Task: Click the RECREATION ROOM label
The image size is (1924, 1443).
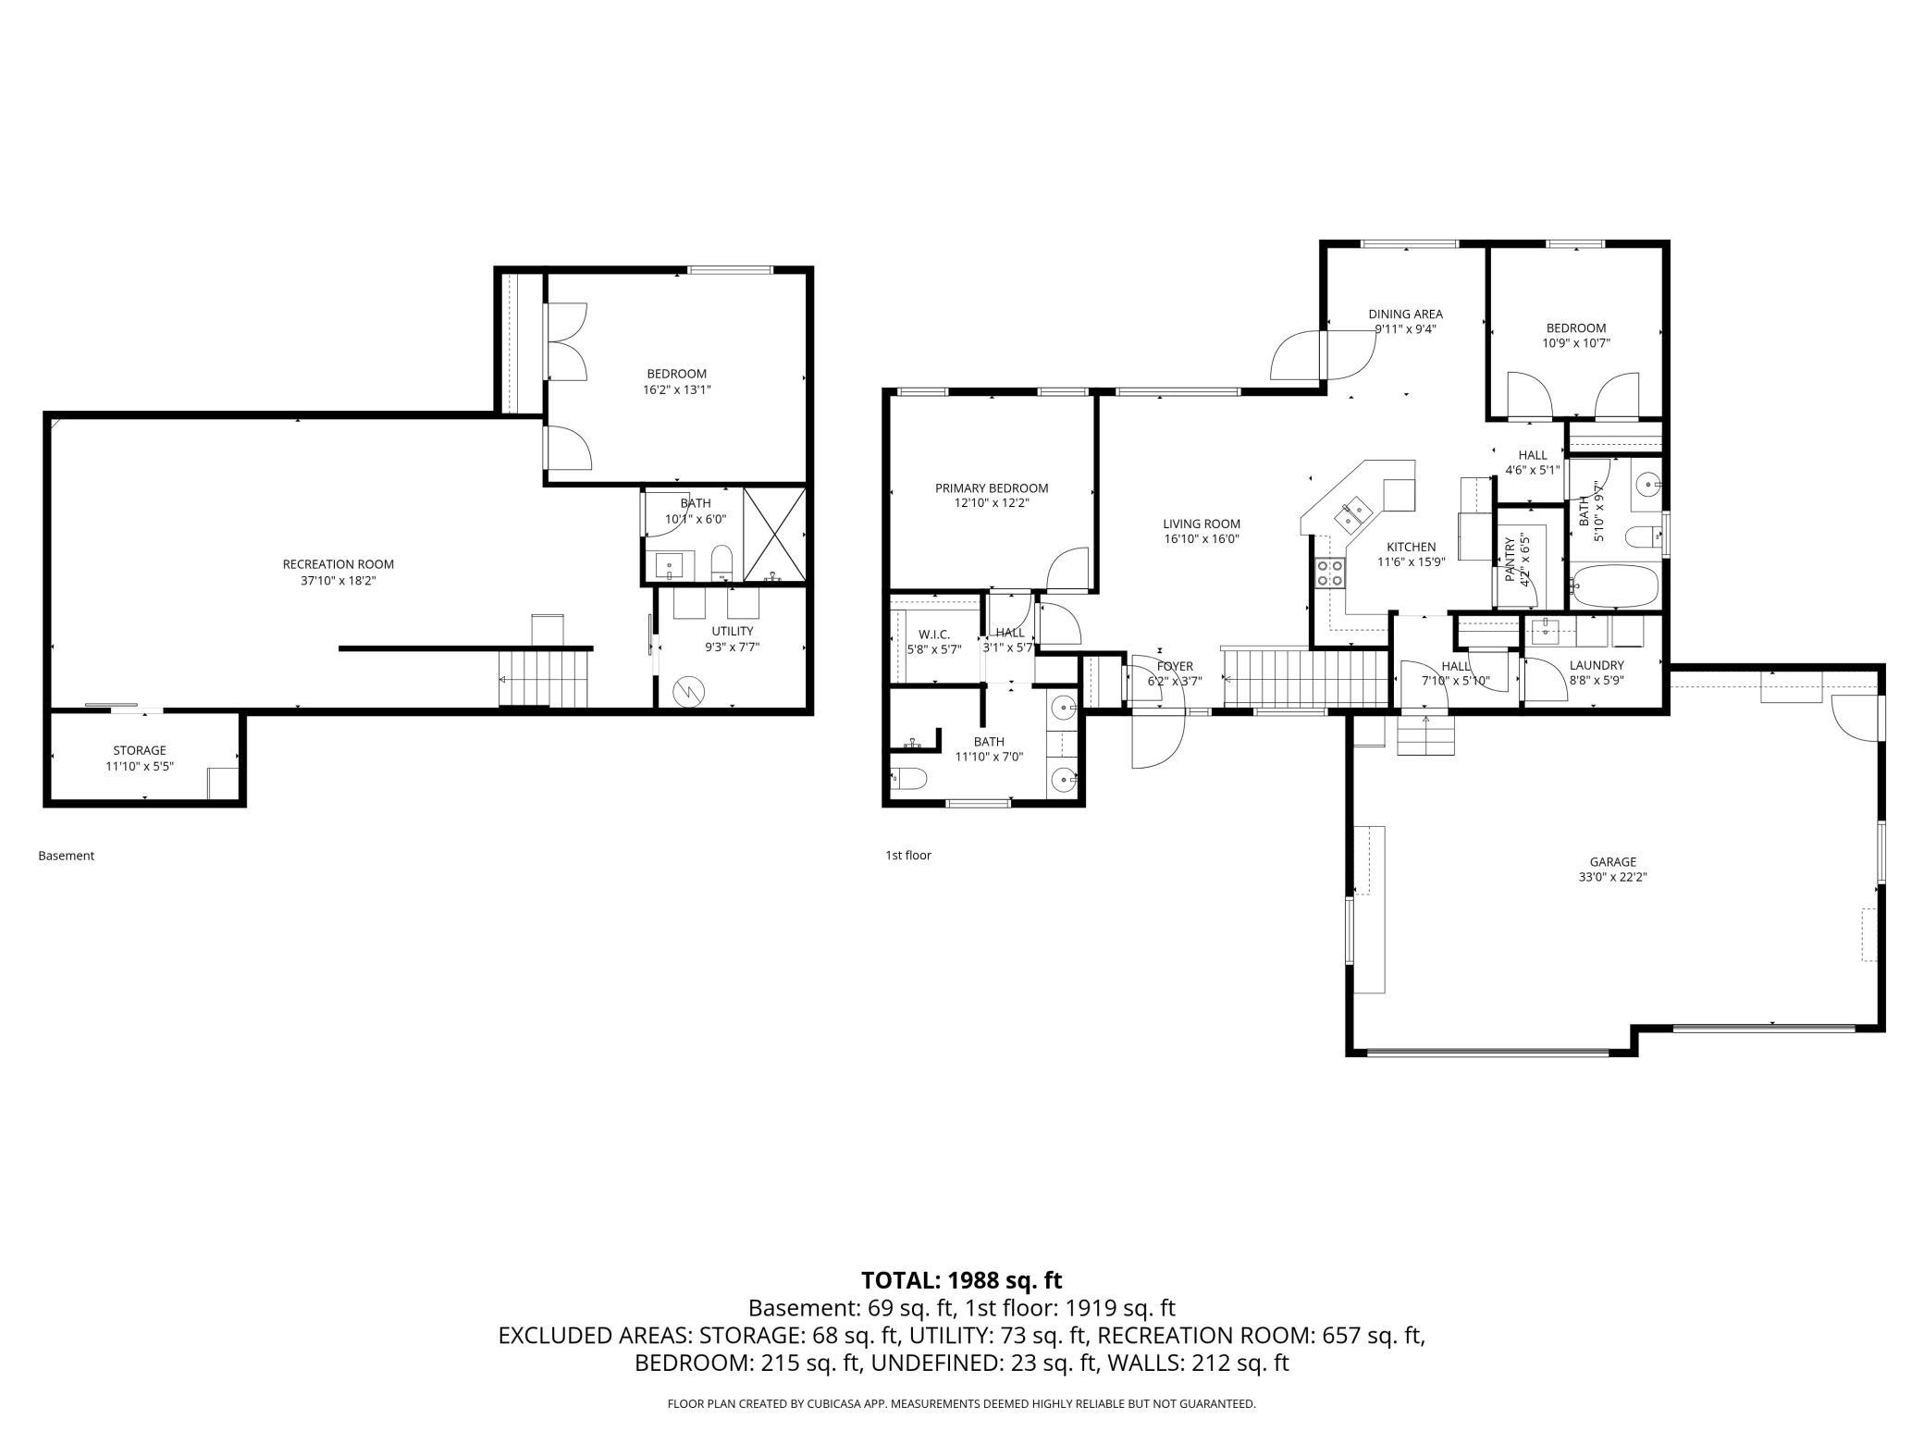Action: pyautogui.click(x=338, y=564)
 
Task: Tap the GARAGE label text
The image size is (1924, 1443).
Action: pyautogui.click(x=1613, y=862)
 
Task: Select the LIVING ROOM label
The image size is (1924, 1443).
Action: pyautogui.click(x=1202, y=524)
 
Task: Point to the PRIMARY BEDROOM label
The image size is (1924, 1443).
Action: pyautogui.click(x=992, y=488)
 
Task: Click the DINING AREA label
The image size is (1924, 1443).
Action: pyautogui.click(x=1405, y=314)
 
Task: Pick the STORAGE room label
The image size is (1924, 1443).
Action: pyautogui.click(x=140, y=750)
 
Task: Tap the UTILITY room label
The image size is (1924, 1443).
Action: pyautogui.click(x=733, y=632)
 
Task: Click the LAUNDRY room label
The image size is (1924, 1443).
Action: pyautogui.click(x=1597, y=665)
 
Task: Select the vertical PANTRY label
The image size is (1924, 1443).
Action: pyautogui.click(x=1510, y=560)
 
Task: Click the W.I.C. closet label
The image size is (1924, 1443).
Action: pyautogui.click(x=934, y=635)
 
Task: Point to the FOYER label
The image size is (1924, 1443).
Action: pyautogui.click(x=1175, y=666)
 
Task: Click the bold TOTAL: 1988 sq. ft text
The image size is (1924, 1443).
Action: pyautogui.click(x=962, y=1280)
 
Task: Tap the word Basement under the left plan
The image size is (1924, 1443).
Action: pyautogui.click(x=67, y=856)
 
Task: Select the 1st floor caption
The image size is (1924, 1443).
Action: pyautogui.click(x=908, y=855)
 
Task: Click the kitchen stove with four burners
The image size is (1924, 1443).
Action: pyautogui.click(x=1330, y=573)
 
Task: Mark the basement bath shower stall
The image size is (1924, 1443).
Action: pyautogui.click(x=775, y=536)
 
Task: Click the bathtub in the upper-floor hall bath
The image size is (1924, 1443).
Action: pyautogui.click(x=1615, y=586)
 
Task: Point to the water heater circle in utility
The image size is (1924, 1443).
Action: pyautogui.click(x=689, y=690)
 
